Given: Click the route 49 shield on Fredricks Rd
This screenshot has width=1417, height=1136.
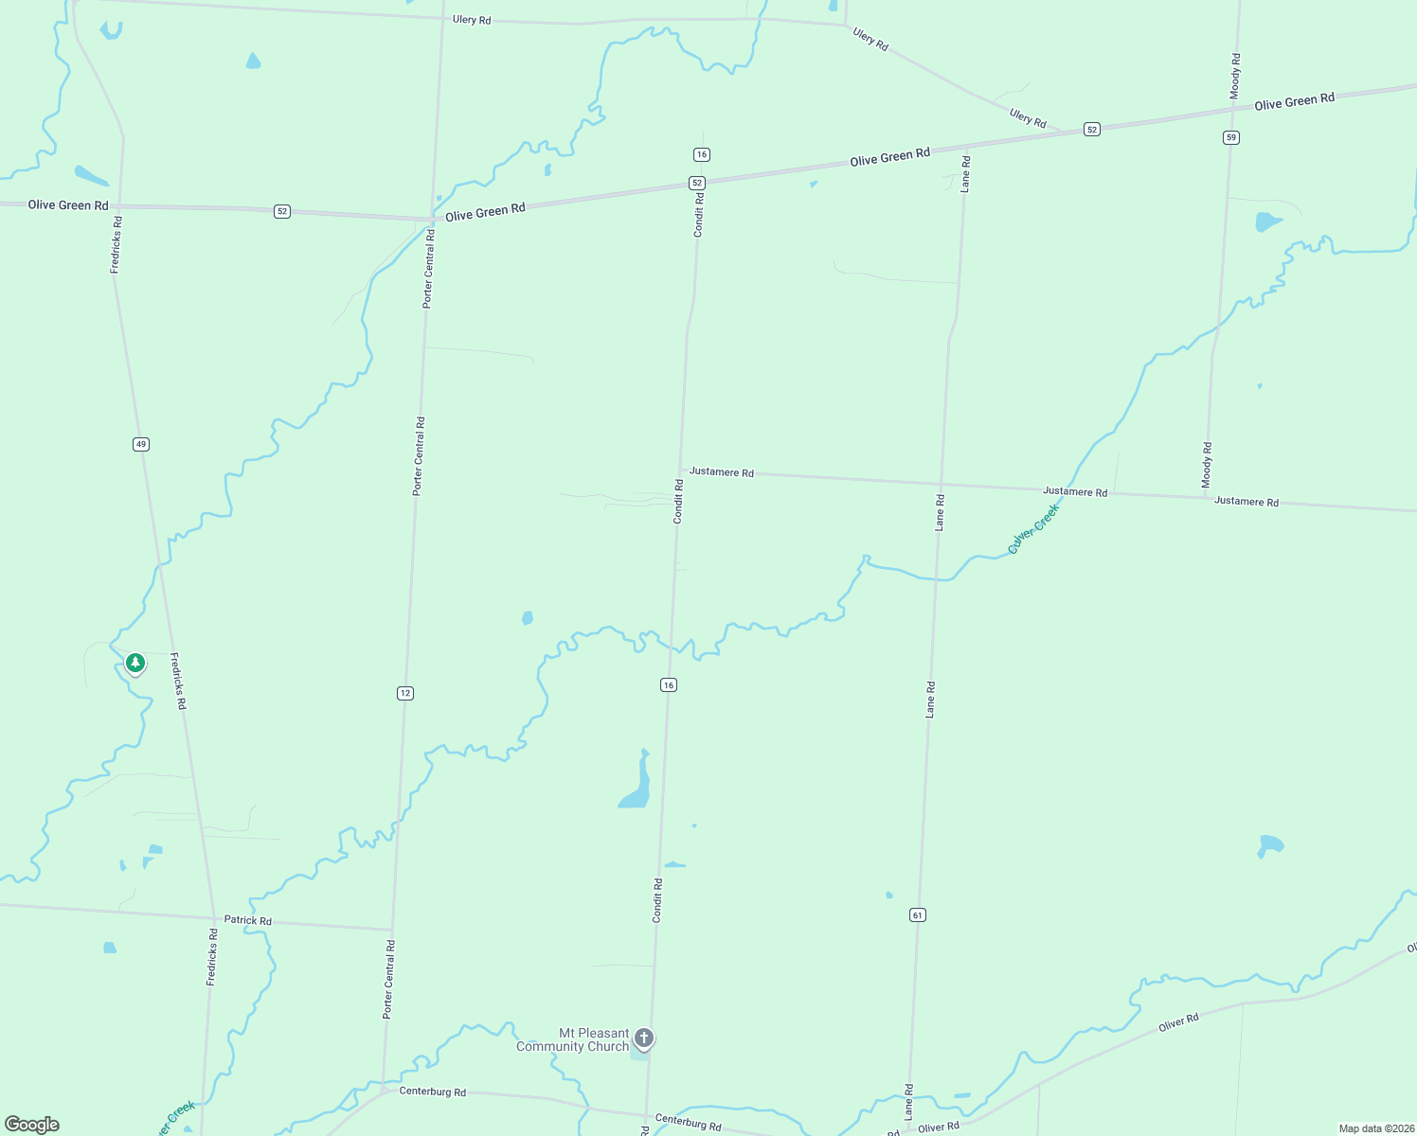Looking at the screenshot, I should pyautogui.click(x=141, y=444).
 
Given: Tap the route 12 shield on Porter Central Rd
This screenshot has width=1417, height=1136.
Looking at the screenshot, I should pyautogui.click(x=405, y=693).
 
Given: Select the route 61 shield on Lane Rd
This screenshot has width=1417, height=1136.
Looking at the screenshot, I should pyautogui.click(x=917, y=914).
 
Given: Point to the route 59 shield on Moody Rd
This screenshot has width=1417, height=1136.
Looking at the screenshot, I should pyautogui.click(x=1230, y=137).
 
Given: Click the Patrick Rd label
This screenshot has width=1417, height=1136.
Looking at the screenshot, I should pyautogui.click(x=247, y=920).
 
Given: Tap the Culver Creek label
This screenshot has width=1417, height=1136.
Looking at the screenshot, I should pyautogui.click(x=1033, y=528).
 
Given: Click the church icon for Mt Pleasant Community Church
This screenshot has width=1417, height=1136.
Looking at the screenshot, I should pyautogui.click(x=644, y=1038).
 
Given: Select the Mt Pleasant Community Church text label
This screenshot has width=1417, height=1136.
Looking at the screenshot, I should pyautogui.click(x=572, y=1039).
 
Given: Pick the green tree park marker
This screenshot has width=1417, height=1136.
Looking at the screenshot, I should pyautogui.click(x=135, y=663).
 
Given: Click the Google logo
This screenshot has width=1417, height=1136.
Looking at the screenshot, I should pyautogui.click(x=32, y=1125).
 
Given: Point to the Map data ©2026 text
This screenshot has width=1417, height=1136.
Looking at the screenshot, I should pyautogui.click(x=1375, y=1128).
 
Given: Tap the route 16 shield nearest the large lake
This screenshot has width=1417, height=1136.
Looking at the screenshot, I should pyautogui.click(x=669, y=684).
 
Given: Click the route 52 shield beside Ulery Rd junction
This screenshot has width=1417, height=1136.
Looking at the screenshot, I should pyautogui.click(x=1092, y=130).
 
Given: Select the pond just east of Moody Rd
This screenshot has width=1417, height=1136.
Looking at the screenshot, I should pyautogui.click(x=1266, y=222).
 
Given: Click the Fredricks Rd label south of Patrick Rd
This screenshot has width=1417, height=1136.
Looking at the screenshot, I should pyautogui.click(x=212, y=957).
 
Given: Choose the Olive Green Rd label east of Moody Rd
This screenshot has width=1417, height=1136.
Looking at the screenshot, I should pyautogui.click(x=1294, y=101).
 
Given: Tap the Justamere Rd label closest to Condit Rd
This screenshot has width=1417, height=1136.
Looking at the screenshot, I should pyautogui.click(x=721, y=471).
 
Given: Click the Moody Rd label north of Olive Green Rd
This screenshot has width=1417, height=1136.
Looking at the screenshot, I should pyautogui.click(x=1235, y=76).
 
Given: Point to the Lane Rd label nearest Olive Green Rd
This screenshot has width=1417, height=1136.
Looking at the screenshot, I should pyautogui.click(x=965, y=173).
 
